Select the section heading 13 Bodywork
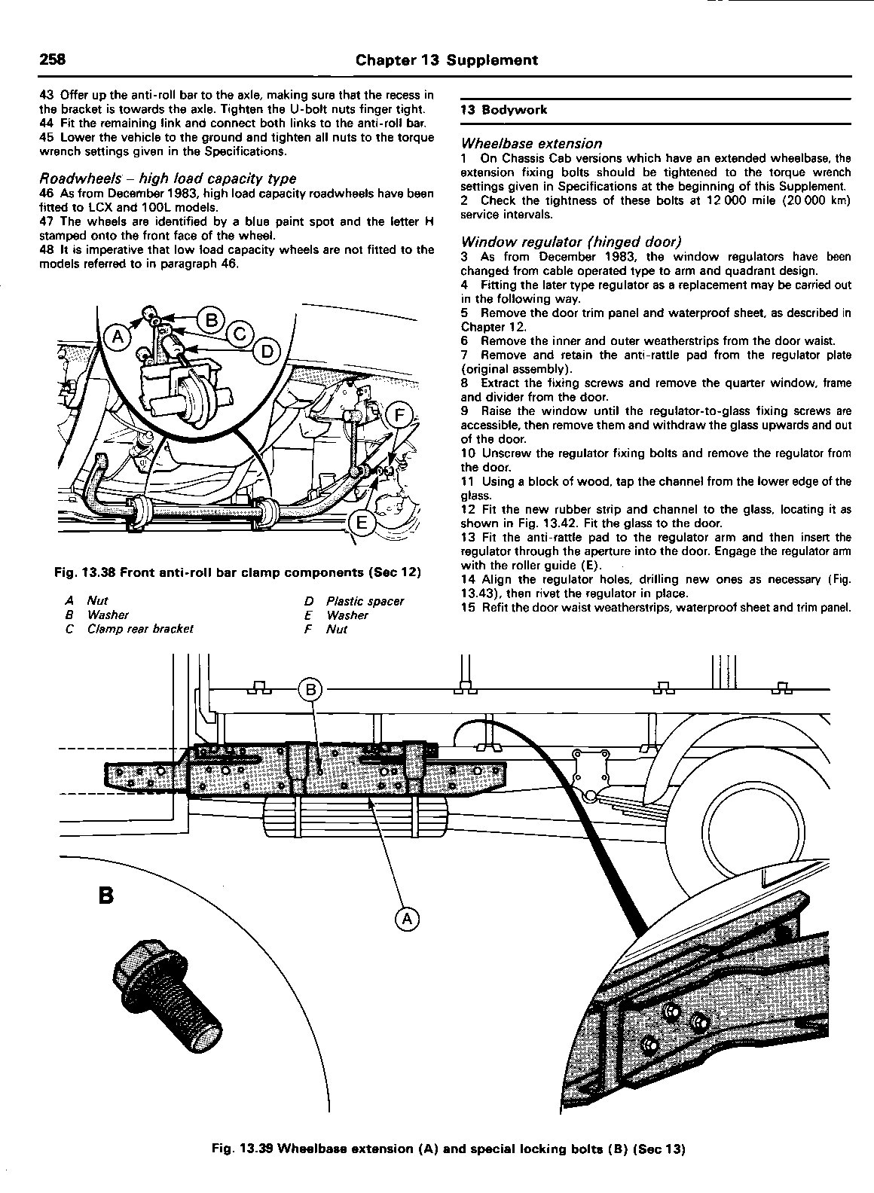pyautogui.click(x=504, y=110)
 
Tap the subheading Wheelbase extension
pyautogui.click(x=531, y=143)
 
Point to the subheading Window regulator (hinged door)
pyautogui.click(x=571, y=242)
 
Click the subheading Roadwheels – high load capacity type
pyautogui.click(x=167, y=178)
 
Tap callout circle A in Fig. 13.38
pyautogui.click(x=118, y=337)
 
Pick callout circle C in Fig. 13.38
pyautogui.click(x=240, y=334)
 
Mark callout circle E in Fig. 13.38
pyautogui.click(x=362, y=523)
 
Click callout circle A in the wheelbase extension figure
pyautogui.click(x=406, y=918)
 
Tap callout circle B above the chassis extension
pyautogui.click(x=310, y=689)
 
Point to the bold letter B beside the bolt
pyautogui.click(x=106, y=896)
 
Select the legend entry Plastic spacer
pyautogui.click(x=365, y=601)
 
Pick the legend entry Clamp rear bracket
pyautogui.click(x=140, y=629)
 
